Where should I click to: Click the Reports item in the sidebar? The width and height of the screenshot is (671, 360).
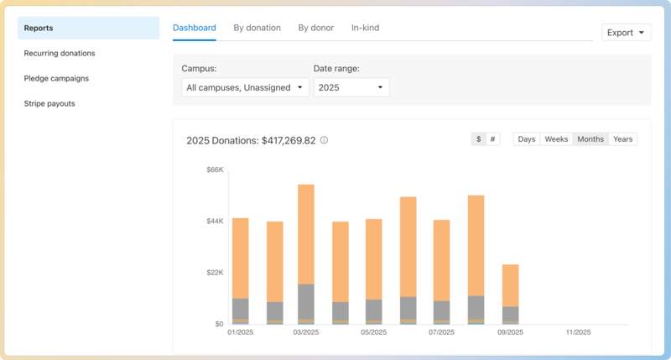(88, 28)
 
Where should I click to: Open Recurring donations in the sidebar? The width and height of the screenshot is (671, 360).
(60, 53)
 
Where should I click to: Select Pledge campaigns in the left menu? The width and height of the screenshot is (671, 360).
(56, 78)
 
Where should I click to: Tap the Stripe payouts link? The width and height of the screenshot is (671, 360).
(49, 103)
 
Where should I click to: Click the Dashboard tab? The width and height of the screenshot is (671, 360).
(195, 28)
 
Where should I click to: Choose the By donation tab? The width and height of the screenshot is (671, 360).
(257, 28)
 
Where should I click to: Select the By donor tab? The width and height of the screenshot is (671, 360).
(315, 28)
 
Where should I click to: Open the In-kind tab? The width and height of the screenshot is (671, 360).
(365, 28)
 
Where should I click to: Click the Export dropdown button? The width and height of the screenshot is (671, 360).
(627, 33)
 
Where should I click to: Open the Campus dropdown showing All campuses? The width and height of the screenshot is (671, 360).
(245, 87)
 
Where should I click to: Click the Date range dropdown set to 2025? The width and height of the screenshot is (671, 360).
(351, 87)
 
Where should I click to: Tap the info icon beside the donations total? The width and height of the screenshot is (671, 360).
(325, 140)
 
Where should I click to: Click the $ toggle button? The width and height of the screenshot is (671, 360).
(478, 139)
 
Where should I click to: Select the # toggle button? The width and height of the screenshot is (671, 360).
(492, 139)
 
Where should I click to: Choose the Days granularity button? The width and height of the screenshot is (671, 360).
(527, 139)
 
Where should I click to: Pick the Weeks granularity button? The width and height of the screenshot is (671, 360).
(556, 139)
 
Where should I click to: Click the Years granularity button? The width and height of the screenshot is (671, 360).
(622, 139)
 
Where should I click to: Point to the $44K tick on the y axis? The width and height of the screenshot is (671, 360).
(215, 222)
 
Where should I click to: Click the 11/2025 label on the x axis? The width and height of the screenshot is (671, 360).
(579, 332)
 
